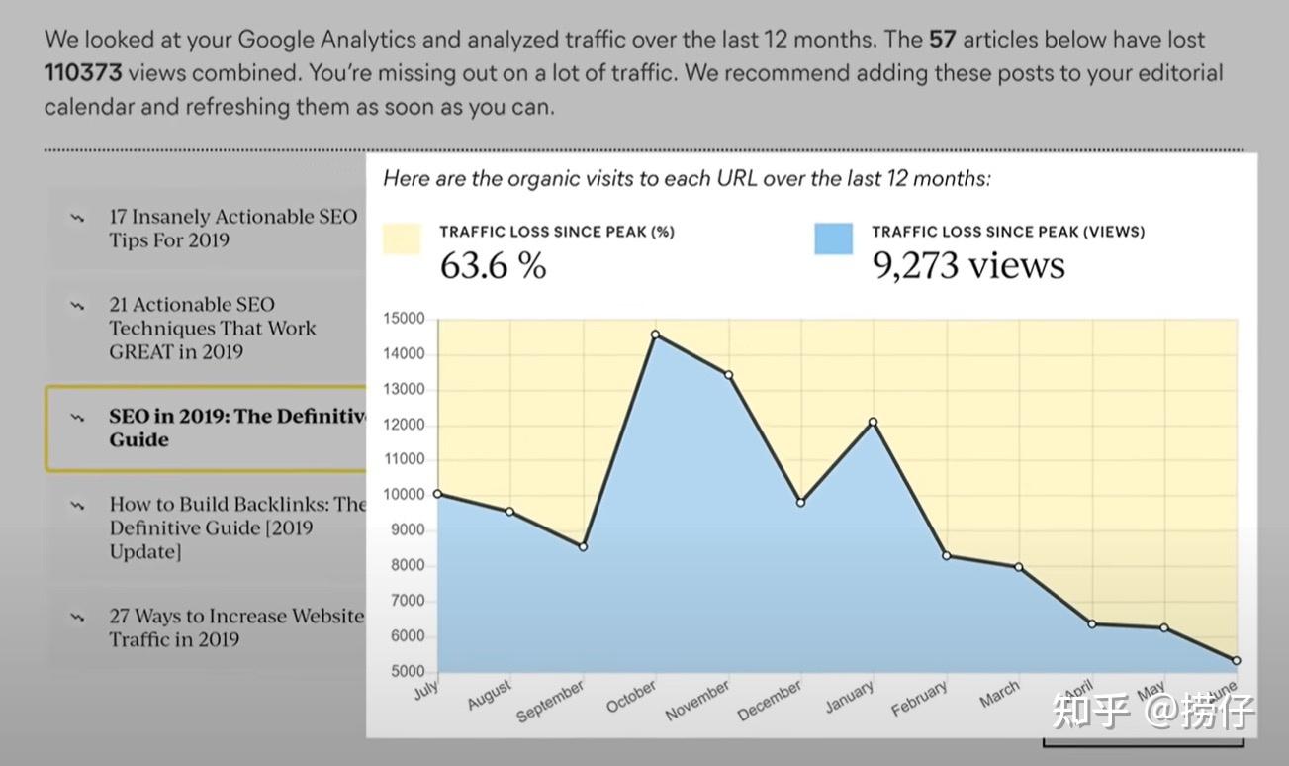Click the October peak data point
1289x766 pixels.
click(655, 335)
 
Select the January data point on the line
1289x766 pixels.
click(873, 423)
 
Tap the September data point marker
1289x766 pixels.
click(583, 546)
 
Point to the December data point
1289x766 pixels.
click(800, 503)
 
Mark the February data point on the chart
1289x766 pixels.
click(946, 556)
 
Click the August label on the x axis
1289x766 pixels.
click(491, 693)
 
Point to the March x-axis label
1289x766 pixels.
click(999, 695)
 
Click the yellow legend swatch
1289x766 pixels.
click(402, 239)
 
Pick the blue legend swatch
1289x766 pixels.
click(833, 239)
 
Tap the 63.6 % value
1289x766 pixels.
click(493, 266)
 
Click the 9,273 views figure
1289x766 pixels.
click(967, 265)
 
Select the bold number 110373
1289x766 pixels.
click(84, 72)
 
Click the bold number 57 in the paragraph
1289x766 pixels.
click(943, 40)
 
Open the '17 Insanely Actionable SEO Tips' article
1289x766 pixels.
click(232, 228)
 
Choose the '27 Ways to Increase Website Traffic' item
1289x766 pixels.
click(235, 627)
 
